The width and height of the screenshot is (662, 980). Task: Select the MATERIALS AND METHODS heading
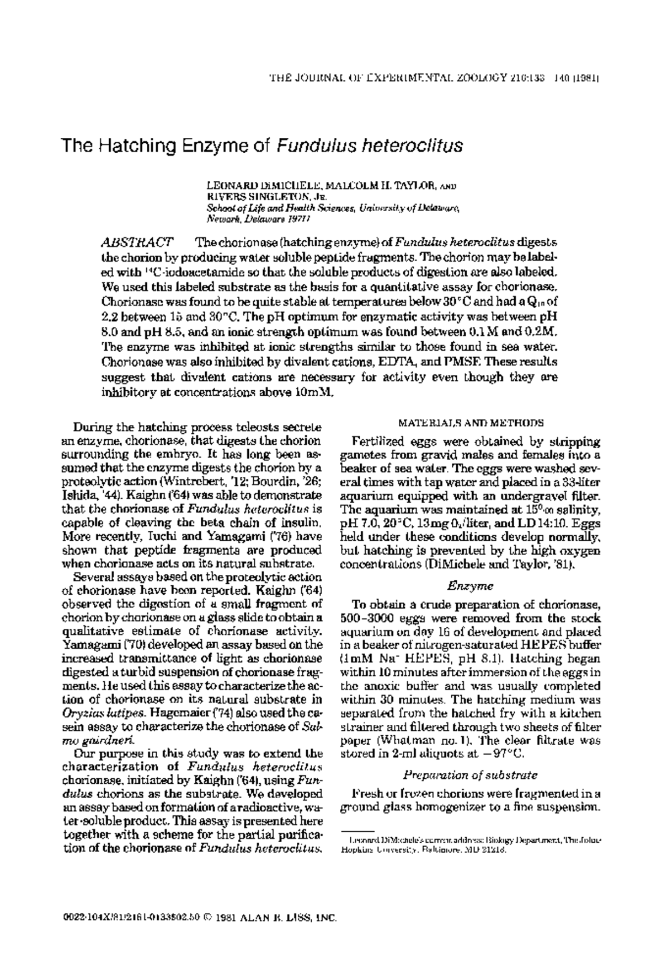[471, 423]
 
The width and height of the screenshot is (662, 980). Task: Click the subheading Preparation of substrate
[471, 775]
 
